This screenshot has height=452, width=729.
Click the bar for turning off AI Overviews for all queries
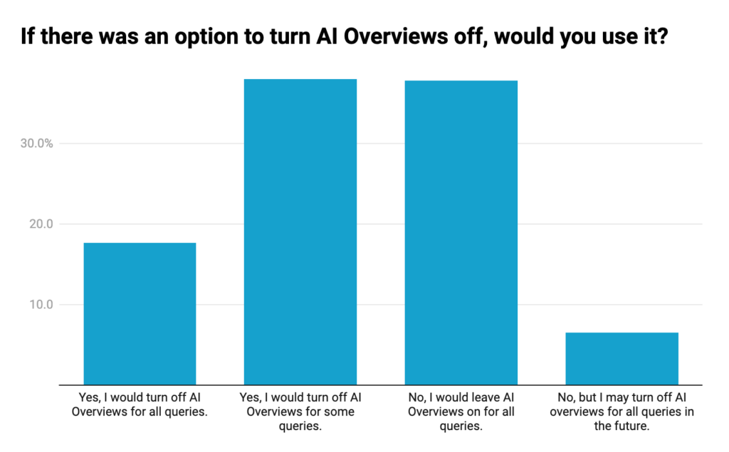140,313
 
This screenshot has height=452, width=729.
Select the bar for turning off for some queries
300,231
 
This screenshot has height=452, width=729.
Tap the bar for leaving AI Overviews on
461,232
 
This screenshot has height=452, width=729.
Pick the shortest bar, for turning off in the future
622,358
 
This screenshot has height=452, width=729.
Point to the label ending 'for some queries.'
300,411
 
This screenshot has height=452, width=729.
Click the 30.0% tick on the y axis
37,144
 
